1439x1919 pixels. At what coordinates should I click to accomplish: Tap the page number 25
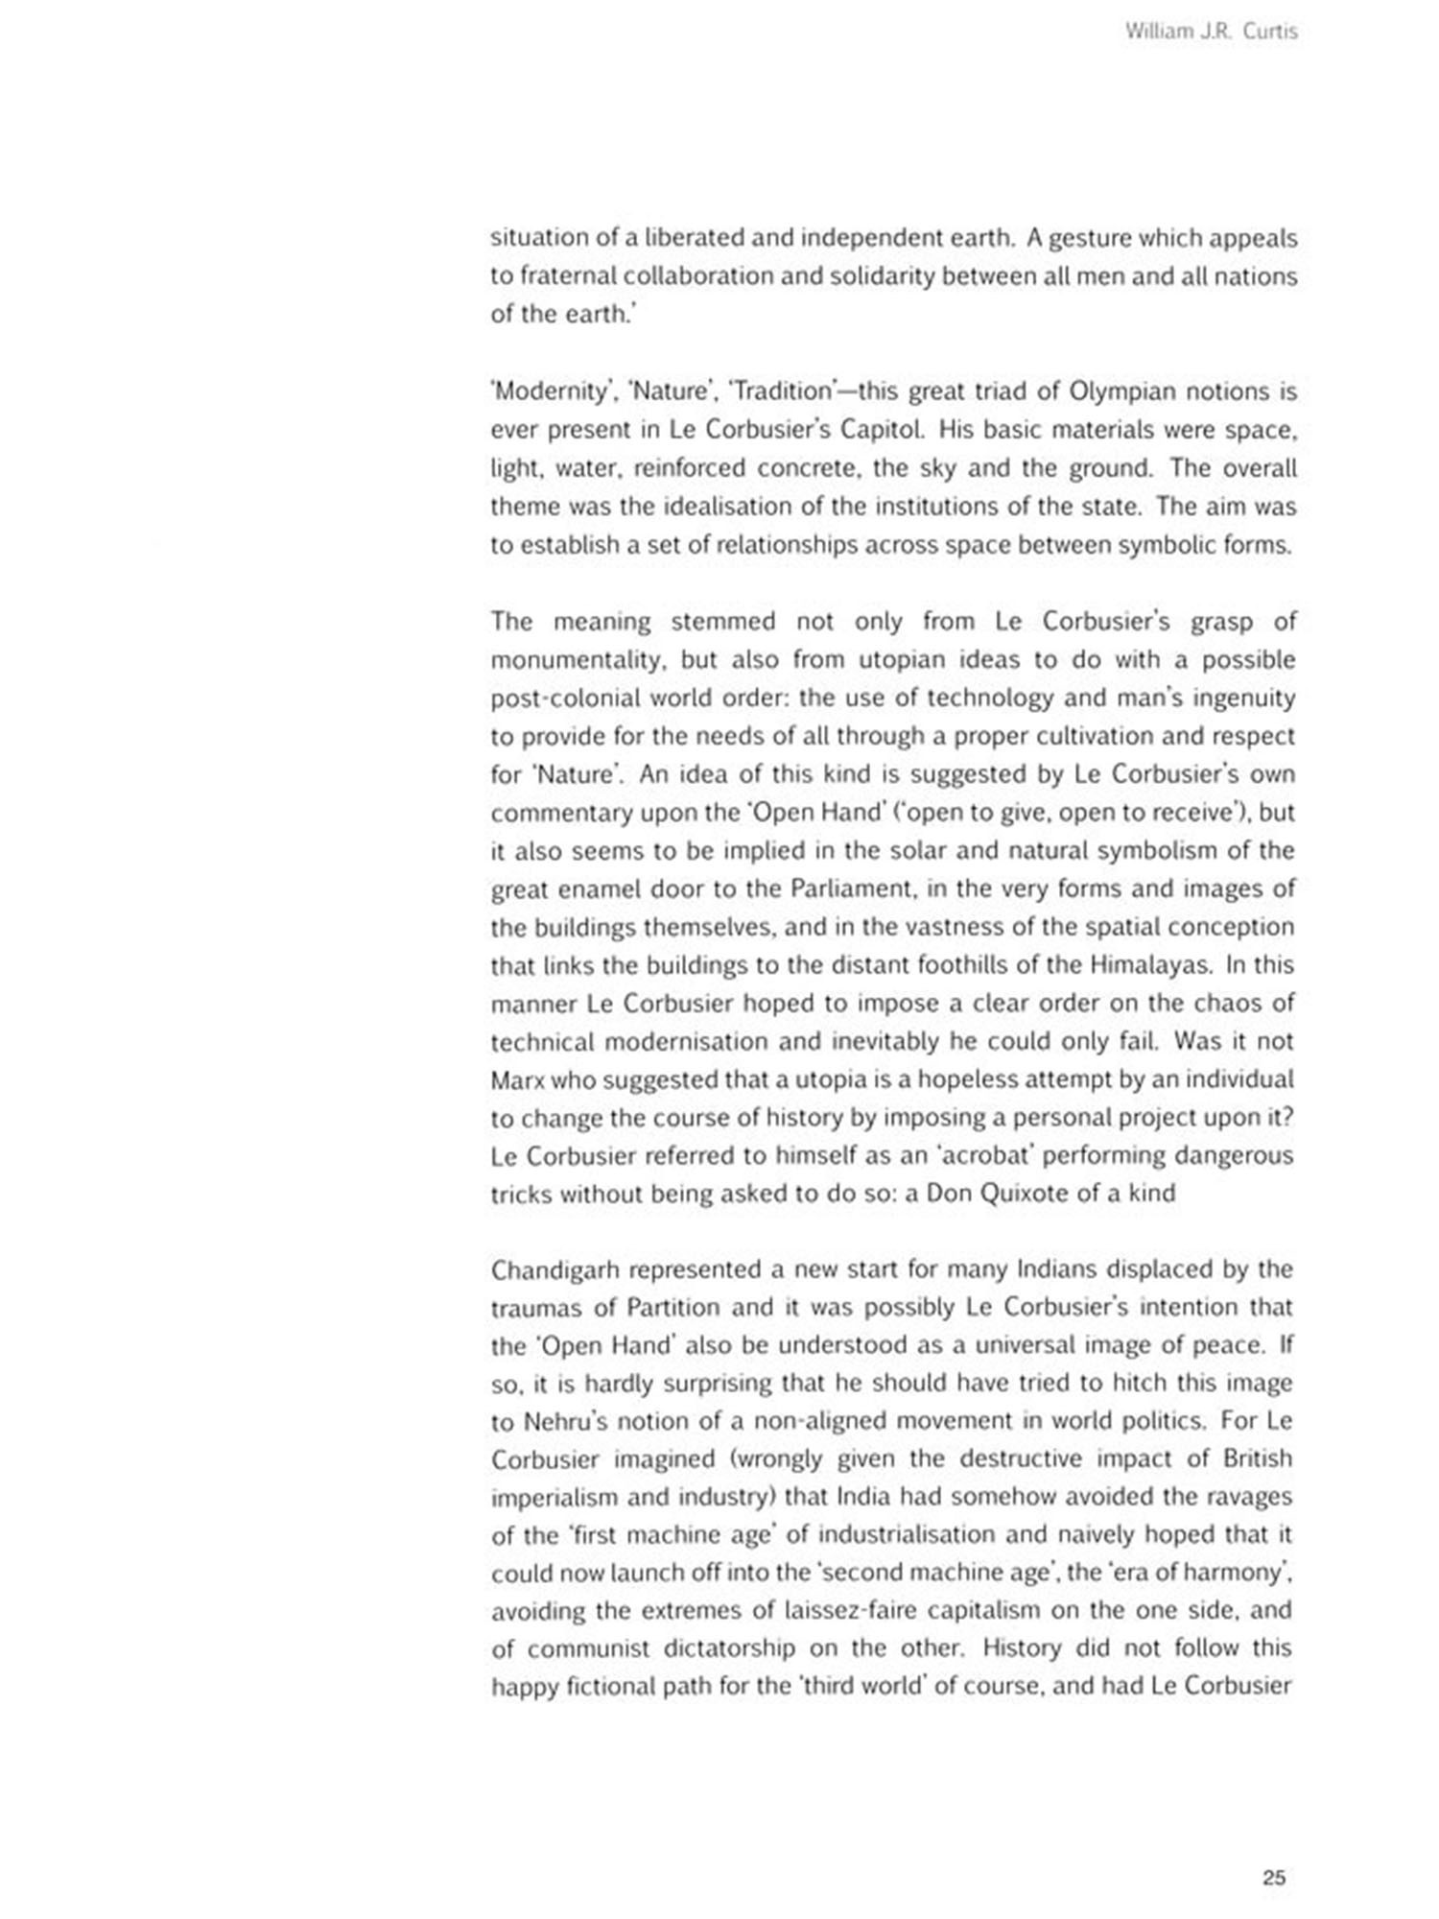[1274, 1878]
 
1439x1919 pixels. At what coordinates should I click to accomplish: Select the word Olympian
[1121, 392]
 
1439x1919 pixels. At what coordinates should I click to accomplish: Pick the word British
[1258, 1459]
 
